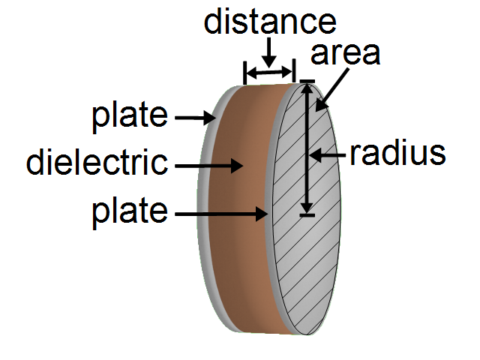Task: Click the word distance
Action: pos(269,22)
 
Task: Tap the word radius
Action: pos(397,154)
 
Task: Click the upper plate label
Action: pos(130,116)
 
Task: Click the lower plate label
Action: pos(130,212)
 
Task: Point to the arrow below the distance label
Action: pos(269,51)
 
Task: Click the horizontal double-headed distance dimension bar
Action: pos(269,72)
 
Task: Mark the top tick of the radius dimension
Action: pos(307,80)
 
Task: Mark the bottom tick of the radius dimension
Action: pos(307,216)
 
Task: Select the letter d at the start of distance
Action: pos(213,22)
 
